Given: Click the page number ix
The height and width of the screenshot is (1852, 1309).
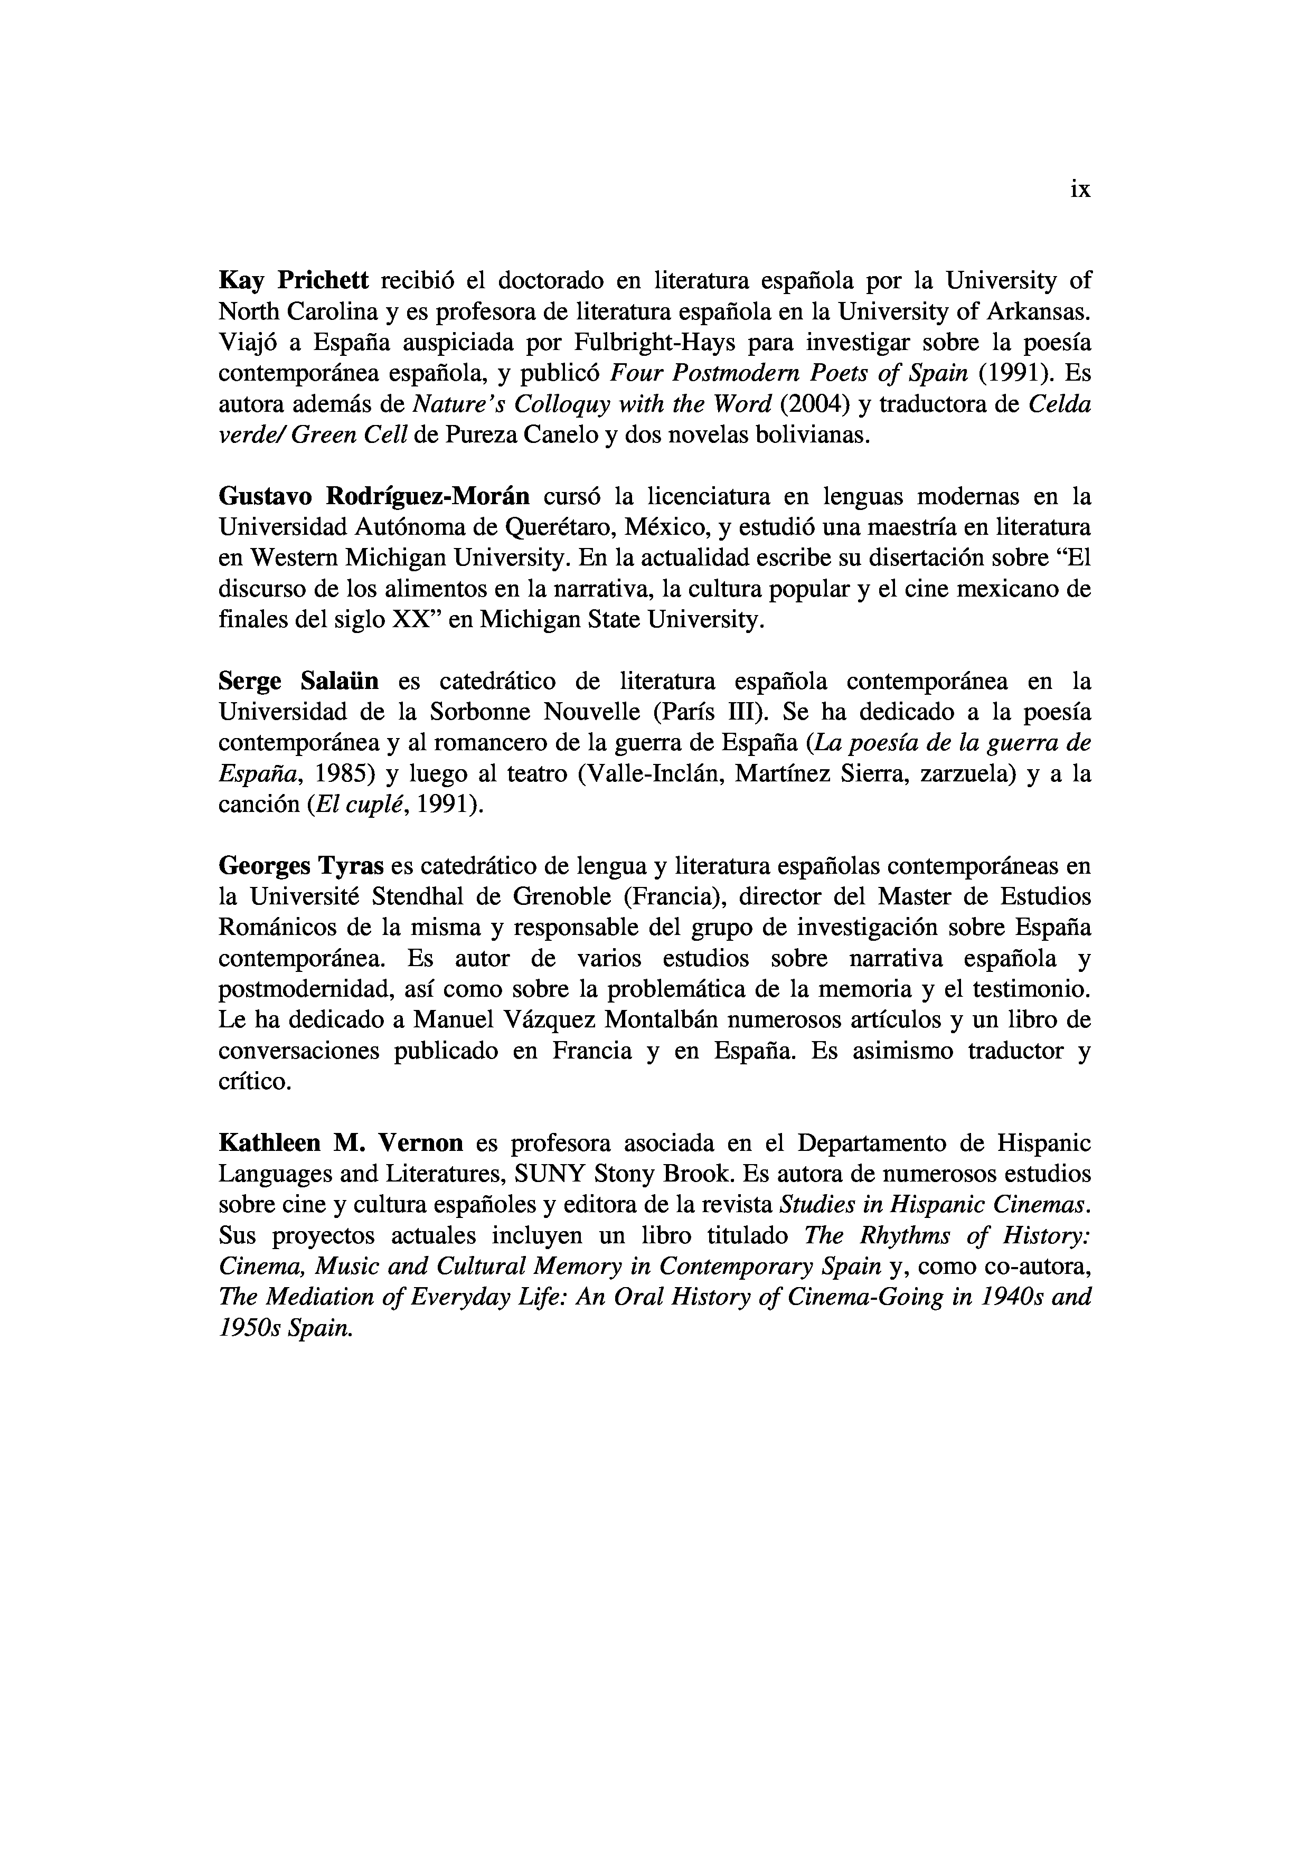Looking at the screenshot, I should [x=1080, y=190].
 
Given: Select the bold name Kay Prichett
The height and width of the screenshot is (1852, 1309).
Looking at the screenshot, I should [x=294, y=281].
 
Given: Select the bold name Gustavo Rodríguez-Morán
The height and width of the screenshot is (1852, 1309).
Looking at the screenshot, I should [x=374, y=496].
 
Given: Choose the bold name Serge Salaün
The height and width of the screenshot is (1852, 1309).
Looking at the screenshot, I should [x=298, y=682].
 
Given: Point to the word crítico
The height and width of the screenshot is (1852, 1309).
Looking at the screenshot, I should [x=255, y=1082].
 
